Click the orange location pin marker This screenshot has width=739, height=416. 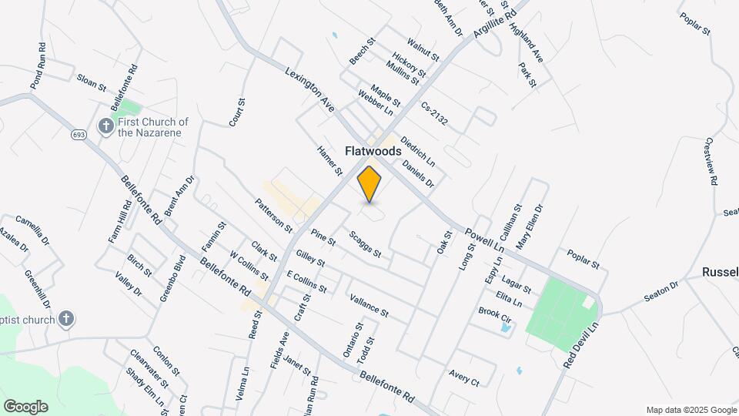[x=369, y=185]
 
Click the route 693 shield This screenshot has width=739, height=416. [x=81, y=135]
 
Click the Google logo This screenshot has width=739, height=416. [x=25, y=407]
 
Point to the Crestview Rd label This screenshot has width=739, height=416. [x=713, y=161]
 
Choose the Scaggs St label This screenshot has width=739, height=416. [x=365, y=245]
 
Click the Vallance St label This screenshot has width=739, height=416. [x=369, y=305]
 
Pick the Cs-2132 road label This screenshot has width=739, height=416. [x=434, y=115]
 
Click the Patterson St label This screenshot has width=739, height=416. [x=274, y=216]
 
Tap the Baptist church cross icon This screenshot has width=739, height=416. [x=67, y=320]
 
